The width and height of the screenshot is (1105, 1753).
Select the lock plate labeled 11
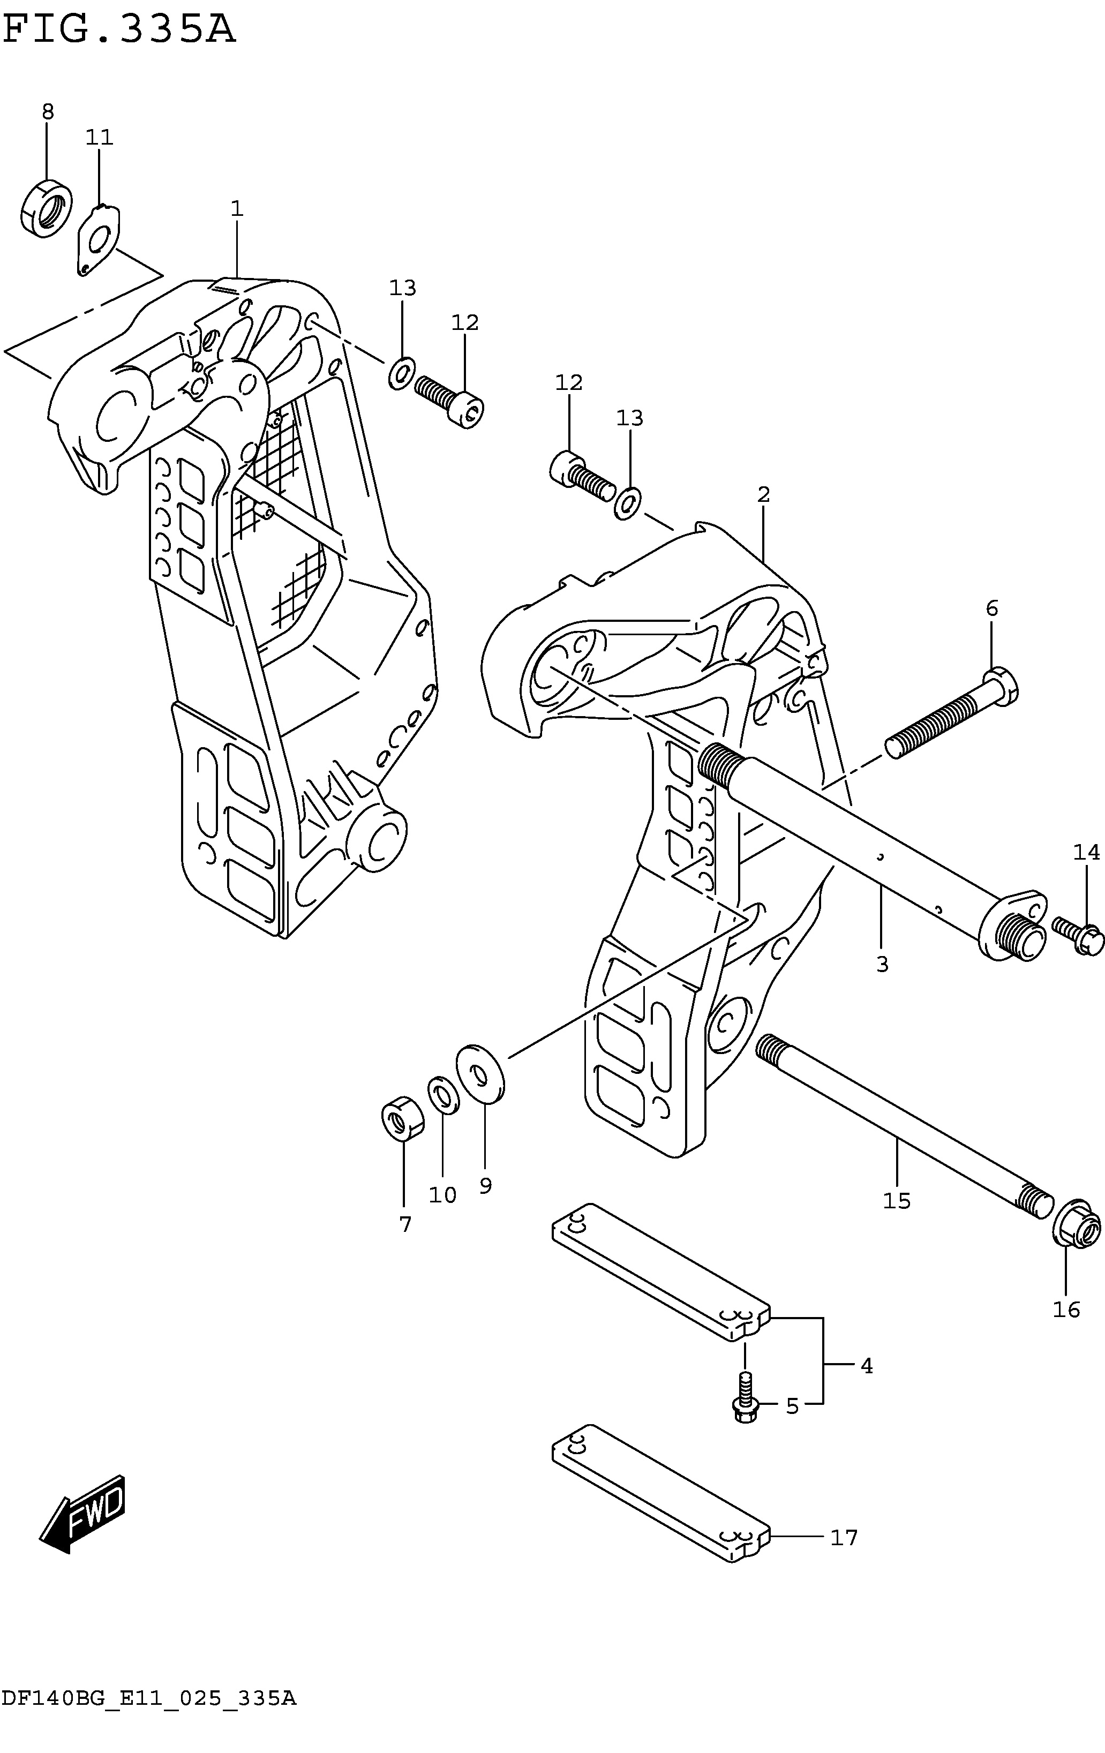tap(98, 240)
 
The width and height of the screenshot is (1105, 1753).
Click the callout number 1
tap(237, 209)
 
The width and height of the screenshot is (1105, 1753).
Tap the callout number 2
tap(763, 495)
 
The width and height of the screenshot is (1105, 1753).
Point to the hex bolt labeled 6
tap(951, 713)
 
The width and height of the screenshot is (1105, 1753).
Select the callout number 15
tap(897, 1200)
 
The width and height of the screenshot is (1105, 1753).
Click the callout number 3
tap(882, 965)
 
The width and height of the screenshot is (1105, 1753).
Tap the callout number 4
tap(866, 1366)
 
